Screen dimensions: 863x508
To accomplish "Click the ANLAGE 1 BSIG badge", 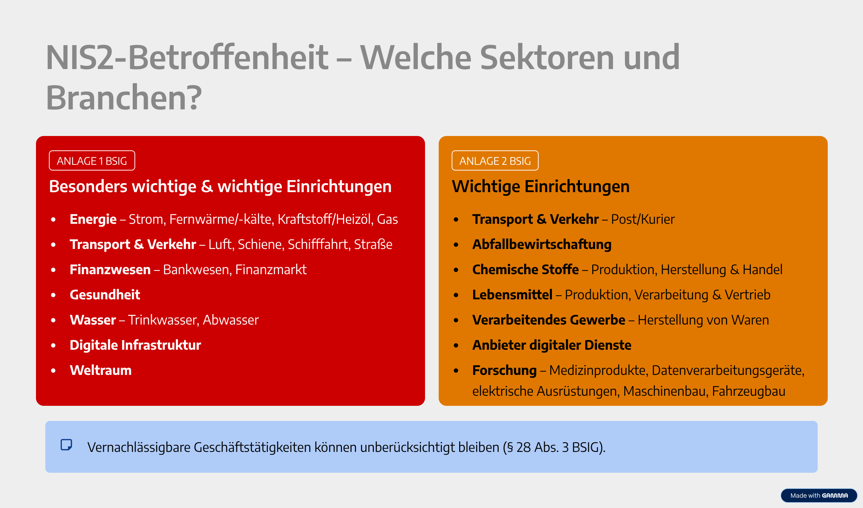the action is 92,160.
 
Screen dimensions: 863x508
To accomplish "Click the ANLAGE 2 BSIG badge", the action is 495,160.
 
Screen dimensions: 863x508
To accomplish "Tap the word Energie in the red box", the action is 93,219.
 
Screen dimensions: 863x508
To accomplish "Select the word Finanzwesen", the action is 110,269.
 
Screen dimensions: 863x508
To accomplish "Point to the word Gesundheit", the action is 105,295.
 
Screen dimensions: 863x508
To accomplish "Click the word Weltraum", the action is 101,370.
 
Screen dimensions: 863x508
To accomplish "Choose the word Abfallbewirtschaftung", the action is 542,245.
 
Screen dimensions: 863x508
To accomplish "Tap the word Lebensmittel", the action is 512,295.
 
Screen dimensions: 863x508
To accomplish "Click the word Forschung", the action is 504,371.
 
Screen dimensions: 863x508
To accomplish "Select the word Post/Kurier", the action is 643,219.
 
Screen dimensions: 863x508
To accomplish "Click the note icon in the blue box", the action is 67,445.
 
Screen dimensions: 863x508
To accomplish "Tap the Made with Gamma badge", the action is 819,495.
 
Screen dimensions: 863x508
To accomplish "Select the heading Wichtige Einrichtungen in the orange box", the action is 541,187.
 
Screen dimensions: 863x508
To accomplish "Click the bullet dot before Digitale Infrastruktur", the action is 54,345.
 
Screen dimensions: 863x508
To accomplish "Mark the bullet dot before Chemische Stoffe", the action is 456,270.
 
